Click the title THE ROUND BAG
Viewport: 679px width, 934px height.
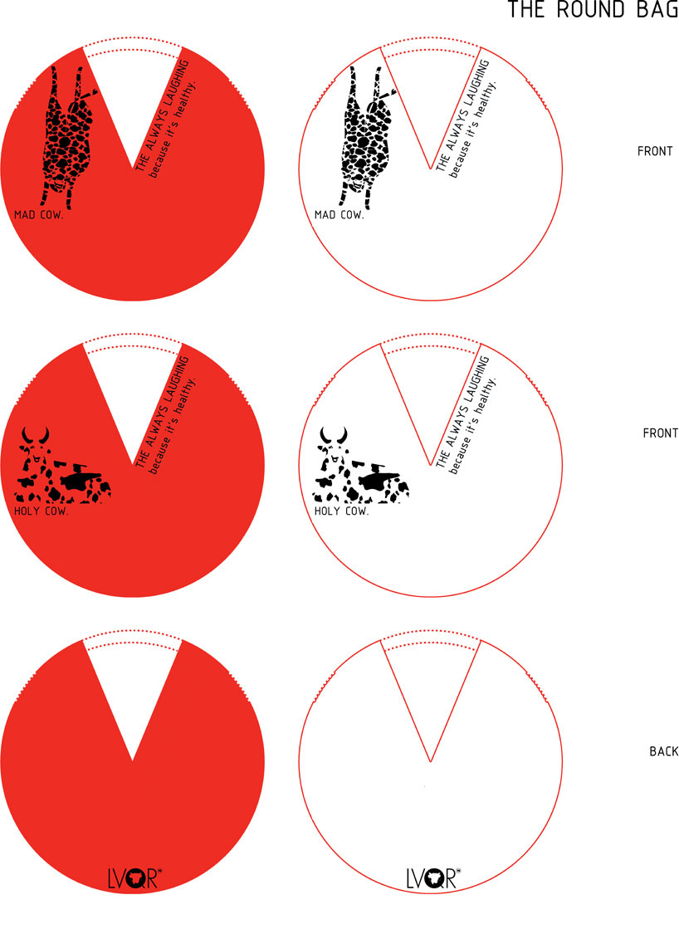[x=593, y=9]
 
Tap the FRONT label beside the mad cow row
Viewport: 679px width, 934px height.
[x=655, y=151]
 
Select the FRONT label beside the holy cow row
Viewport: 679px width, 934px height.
[x=660, y=433]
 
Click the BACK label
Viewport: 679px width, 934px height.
[x=663, y=751]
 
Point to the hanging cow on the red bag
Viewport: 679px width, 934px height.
[x=66, y=137]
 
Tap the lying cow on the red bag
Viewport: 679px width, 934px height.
[x=63, y=465]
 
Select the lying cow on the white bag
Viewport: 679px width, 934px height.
[x=362, y=465]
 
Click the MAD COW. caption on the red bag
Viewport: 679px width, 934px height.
[x=39, y=214]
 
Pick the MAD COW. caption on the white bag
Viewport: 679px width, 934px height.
[x=339, y=214]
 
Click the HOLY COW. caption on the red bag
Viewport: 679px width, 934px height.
[x=42, y=511]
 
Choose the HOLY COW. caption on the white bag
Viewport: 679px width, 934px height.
[x=341, y=511]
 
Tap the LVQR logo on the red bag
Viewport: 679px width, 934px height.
[x=134, y=878]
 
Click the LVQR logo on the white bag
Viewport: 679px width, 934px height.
[x=433, y=878]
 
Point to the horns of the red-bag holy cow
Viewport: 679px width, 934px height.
[x=35, y=435]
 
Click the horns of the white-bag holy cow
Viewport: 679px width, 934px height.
[x=334, y=435]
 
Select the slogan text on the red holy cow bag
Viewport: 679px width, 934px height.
[x=165, y=414]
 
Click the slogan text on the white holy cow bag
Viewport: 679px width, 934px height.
[x=466, y=414]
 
